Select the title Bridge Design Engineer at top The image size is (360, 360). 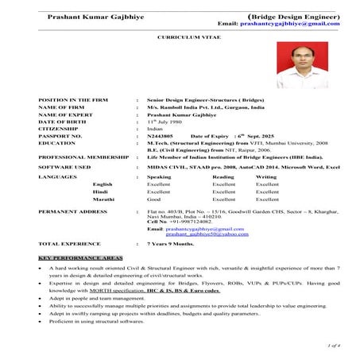click(x=294, y=14)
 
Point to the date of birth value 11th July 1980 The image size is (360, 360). click(x=168, y=122)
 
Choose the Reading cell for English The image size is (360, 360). click(x=224, y=184)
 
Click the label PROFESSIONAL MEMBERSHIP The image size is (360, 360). click(x=84, y=157)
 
